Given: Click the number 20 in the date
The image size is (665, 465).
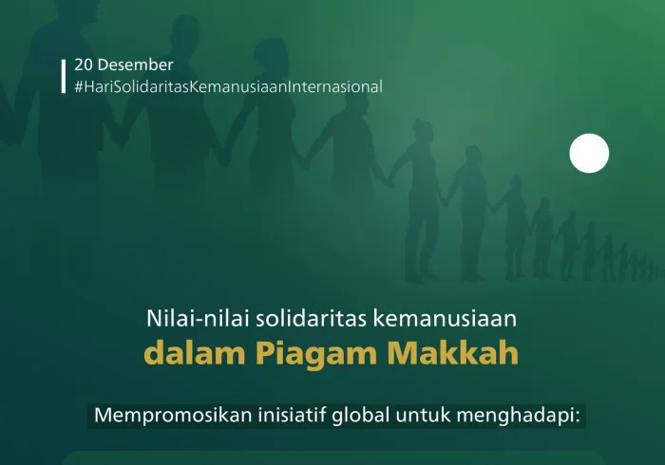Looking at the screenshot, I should click(84, 65).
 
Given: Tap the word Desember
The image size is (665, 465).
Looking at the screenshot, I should click(136, 65).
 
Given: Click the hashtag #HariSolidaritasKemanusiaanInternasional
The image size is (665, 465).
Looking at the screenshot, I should click(228, 86).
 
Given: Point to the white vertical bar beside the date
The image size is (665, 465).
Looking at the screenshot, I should click(64, 76).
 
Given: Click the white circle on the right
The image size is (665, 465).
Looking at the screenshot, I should click(589, 154).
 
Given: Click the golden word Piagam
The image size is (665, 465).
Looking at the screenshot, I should click(303, 353).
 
